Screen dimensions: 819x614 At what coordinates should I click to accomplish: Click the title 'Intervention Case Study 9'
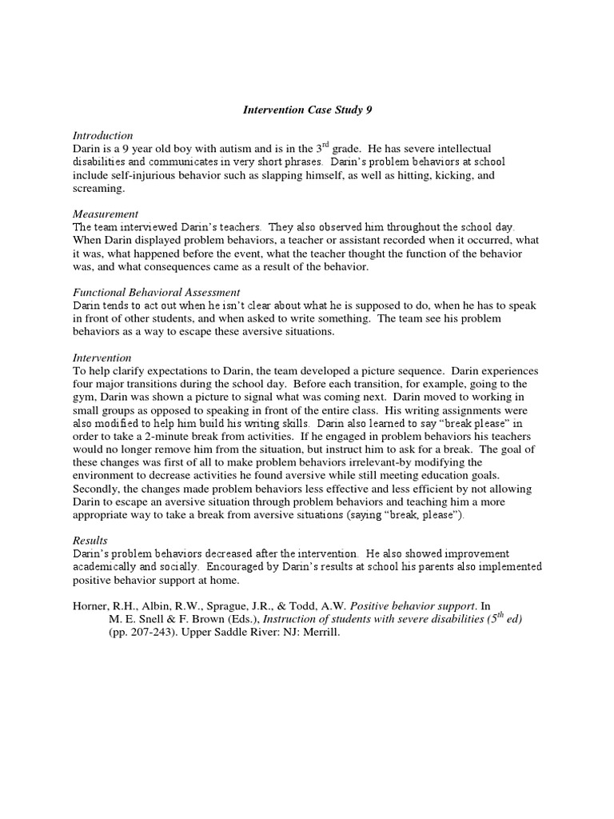click(x=308, y=110)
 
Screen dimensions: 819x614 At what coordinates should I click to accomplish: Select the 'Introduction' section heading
click(x=102, y=135)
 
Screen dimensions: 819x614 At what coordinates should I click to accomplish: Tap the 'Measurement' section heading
click(x=106, y=214)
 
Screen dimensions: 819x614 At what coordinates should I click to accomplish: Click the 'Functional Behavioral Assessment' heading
click(x=157, y=292)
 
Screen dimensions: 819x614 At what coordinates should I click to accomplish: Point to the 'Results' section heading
click(x=90, y=540)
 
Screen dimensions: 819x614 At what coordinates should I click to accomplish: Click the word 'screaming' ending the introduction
click(x=98, y=188)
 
